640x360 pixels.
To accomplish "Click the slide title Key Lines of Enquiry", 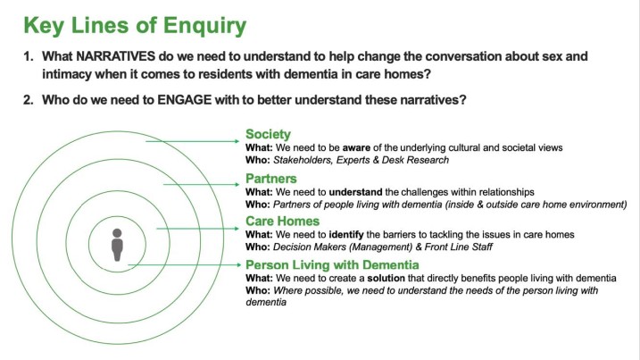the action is (x=135, y=26).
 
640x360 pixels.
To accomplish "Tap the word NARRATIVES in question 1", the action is (x=115, y=56).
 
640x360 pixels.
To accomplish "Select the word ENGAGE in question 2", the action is (x=185, y=100).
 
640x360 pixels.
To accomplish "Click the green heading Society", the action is (x=268, y=134).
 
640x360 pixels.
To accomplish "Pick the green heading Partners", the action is (x=271, y=179).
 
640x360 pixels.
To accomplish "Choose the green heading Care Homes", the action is (x=282, y=221).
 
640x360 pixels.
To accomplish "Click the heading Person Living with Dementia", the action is (x=332, y=264).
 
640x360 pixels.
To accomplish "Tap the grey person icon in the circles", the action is (x=117, y=245).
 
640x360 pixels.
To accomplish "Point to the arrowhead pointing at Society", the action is (x=237, y=141).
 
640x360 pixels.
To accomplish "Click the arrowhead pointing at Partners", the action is (x=237, y=184).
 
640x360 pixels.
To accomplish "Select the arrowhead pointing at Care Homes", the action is (x=237, y=229).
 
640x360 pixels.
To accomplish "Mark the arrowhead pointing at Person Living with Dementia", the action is (x=239, y=264).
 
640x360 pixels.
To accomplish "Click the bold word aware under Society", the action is (x=356, y=148).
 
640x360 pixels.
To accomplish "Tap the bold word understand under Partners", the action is (x=355, y=192).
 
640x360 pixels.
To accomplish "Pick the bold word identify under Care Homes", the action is (x=346, y=235).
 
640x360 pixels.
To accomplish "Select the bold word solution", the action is (x=386, y=279).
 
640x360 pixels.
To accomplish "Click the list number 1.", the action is (x=28, y=56).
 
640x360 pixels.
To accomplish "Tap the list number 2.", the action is (x=28, y=100).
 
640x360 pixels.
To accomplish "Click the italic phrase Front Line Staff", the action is (x=459, y=247).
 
